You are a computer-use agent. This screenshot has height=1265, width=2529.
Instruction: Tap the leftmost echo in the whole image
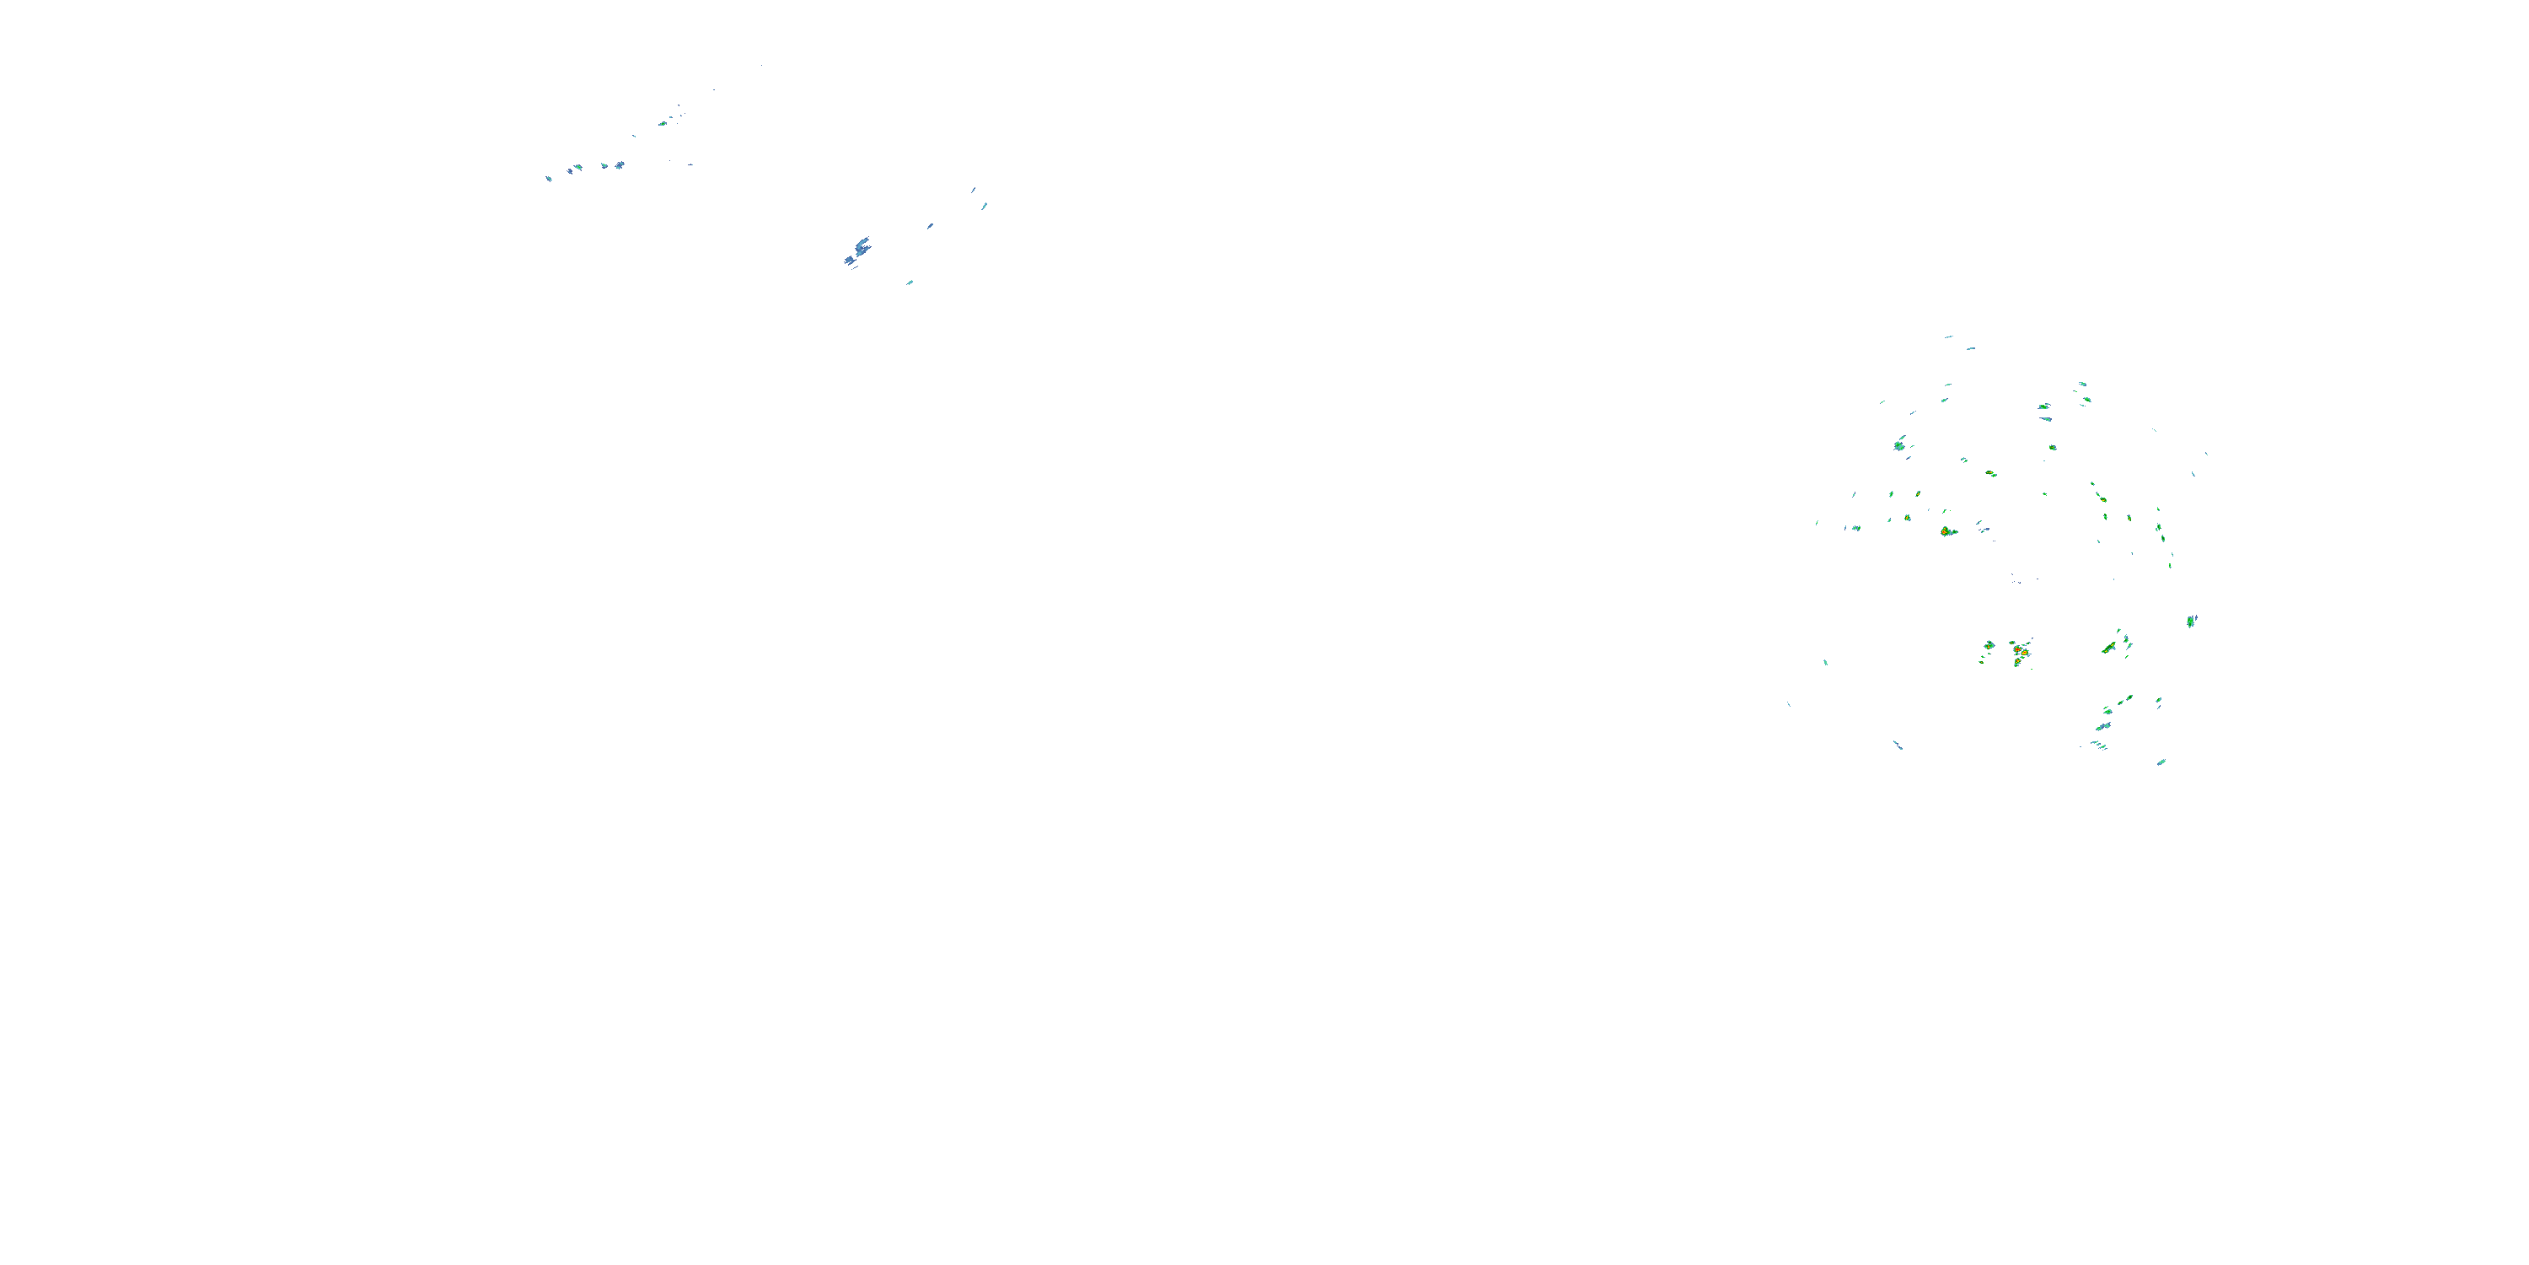click(x=549, y=178)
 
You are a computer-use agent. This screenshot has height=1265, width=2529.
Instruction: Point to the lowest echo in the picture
click(x=2161, y=762)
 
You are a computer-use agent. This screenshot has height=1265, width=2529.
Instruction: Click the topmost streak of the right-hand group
click(x=1949, y=336)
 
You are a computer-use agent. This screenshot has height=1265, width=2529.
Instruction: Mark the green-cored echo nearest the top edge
click(x=663, y=124)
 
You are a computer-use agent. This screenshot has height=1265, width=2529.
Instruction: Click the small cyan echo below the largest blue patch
click(x=910, y=283)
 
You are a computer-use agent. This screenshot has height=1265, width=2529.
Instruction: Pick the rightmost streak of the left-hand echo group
click(x=985, y=207)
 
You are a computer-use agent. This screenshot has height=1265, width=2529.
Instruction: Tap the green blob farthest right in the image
click(x=2191, y=621)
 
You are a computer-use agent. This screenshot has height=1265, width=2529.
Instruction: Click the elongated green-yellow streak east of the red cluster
click(x=2109, y=647)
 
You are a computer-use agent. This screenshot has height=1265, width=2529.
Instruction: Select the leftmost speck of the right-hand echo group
click(x=1789, y=704)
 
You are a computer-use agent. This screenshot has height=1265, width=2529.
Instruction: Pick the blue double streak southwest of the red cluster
click(x=1898, y=746)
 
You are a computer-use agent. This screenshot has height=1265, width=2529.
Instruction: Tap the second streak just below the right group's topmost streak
click(x=1970, y=348)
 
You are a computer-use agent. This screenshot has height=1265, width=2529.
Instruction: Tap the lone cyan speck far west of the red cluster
click(x=1825, y=662)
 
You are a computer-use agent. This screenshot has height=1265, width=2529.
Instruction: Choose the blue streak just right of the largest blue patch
click(x=930, y=227)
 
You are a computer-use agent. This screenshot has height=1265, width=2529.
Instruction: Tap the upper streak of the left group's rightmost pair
click(x=973, y=191)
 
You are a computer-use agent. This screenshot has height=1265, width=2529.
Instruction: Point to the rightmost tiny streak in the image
click(x=2206, y=453)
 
